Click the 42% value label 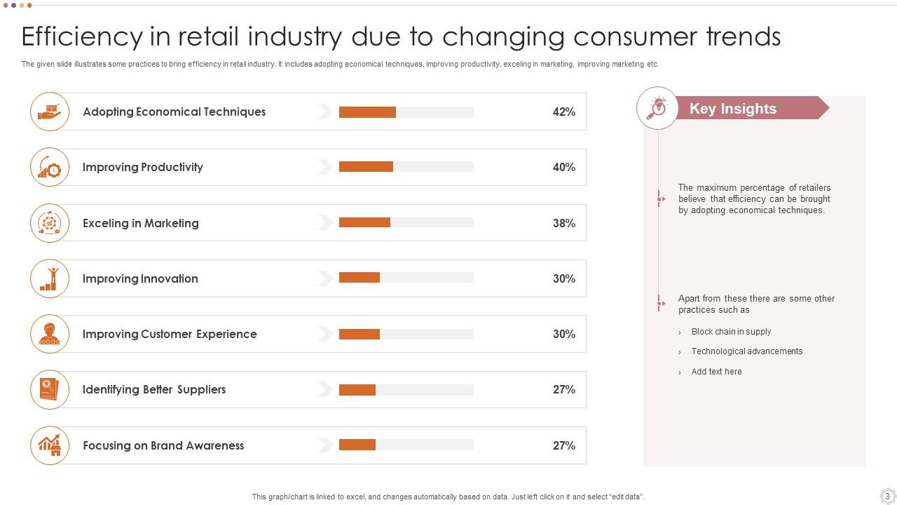pyautogui.click(x=563, y=112)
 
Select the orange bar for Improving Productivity pyautogui.click(x=366, y=167)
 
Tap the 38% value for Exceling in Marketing pyautogui.click(x=563, y=223)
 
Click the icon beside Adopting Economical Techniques pyautogui.click(x=50, y=112)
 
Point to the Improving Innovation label pyautogui.click(x=140, y=278)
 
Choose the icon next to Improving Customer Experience pyautogui.click(x=50, y=334)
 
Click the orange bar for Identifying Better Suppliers pyautogui.click(x=357, y=390)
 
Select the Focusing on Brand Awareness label pyautogui.click(x=163, y=445)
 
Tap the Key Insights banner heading pyautogui.click(x=733, y=109)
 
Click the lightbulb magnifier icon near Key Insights pyautogui.click(x=657, y=108)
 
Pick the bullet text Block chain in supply pyautogui.click(x=731, y=332)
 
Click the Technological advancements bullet pyautogui.click(x=747, y=351)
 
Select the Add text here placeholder pyautogui.click(x=716, y=372)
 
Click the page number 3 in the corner pyautogui.click(x=887, y=496)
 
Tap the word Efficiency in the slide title pyautogui.click(x=82, y=36)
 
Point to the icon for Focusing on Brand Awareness pyautogui.click(x=50, y=445)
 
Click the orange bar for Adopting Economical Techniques pyautogui.click(x=367, y=112)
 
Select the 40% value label pyautogui.click(x=563, y=168)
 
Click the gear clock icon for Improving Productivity pyautogui.click(x=50, y=167)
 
